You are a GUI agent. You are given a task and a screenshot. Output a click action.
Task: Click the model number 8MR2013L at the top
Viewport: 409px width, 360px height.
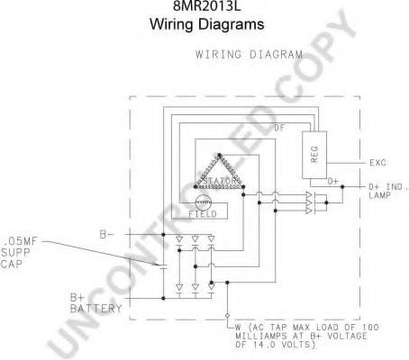tap(206, 5)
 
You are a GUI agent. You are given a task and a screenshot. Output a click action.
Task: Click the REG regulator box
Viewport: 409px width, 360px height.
tap(314, 155)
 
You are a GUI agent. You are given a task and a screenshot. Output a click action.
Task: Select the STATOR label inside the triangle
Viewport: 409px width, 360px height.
tap(220, 181)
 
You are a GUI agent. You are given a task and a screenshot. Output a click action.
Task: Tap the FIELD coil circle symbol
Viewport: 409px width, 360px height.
tap(204, 203)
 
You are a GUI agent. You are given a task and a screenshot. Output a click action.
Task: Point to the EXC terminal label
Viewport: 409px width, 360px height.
tap(377, 163)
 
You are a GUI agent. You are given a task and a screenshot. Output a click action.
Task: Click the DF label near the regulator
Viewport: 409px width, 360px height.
tap(279, 128)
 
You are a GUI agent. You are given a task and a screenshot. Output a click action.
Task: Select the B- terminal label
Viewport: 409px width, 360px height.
tap(107, 234)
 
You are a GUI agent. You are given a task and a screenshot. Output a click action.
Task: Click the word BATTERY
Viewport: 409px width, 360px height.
tap(96, 309)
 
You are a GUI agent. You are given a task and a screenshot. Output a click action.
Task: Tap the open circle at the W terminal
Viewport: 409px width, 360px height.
tap(227, 315)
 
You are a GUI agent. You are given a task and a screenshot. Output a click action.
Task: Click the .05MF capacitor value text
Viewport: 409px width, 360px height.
tap(20, 241)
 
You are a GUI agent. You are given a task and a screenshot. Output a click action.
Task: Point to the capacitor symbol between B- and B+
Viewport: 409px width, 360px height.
tap(163, 266)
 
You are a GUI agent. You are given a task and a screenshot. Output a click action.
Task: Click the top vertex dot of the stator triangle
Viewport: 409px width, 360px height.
tap(220, 155)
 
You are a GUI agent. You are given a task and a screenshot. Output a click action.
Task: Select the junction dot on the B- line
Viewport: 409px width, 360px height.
tap(163, 234)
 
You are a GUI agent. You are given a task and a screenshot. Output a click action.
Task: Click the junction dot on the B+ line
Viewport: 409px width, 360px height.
tap(163, 298)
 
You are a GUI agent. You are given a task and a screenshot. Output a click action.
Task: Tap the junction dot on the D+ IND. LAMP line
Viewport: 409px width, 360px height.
tap(342, 186)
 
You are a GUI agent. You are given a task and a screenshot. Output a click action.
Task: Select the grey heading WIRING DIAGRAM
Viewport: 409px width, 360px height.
tap(249, 55)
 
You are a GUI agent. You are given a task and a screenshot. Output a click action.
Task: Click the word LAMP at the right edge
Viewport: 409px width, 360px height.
tap(379, 195)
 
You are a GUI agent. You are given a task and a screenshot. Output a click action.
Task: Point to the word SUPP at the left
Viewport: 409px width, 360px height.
tap(15, 253)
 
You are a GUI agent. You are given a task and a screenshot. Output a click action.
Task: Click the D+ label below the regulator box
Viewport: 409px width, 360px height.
tap(332, 182)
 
